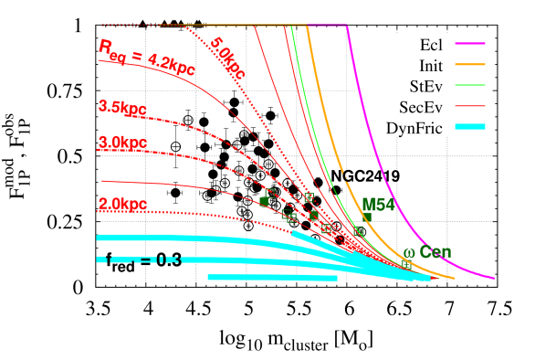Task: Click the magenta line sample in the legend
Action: [469, 43]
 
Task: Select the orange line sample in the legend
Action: [469, 64]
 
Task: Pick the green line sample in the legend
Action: [469, 85]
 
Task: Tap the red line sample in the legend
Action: [469, 106]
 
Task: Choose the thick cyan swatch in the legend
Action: [469, 127]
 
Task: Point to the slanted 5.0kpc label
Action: [227, 58]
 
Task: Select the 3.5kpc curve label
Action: [122, 107]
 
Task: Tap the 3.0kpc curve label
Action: [122, 143]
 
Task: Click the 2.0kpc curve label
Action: [122, 204]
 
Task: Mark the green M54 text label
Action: [379, 205]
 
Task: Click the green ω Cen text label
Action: [427, 253]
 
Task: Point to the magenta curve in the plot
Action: [383, 146]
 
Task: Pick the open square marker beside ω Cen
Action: [405, 263]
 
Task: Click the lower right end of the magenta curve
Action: [494, 278]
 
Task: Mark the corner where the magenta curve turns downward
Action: [347, 26]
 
